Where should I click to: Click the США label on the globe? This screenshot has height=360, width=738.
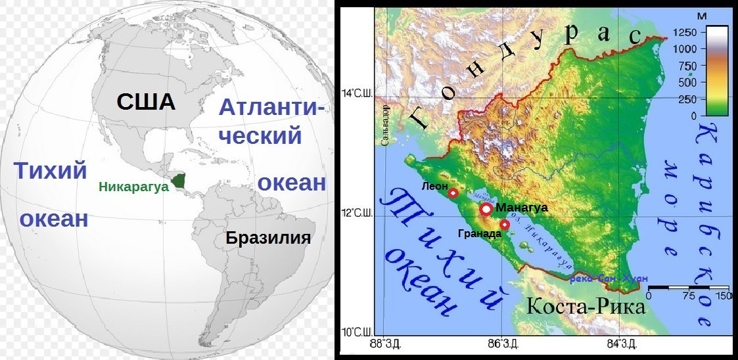pos(146,102)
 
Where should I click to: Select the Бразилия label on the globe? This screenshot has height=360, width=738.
pos(267,237)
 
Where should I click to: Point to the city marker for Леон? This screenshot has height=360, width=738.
pos(453,192)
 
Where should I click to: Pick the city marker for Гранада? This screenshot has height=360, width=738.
pos(505,225)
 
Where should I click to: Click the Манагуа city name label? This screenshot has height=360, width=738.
pos(522,208)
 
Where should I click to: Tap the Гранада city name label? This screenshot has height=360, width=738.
pos(476,233)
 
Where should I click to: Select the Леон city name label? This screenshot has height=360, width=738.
pos(434,186)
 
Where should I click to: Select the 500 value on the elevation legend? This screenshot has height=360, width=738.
pos(688,82)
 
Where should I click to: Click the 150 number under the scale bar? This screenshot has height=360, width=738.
pos(723,296)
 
